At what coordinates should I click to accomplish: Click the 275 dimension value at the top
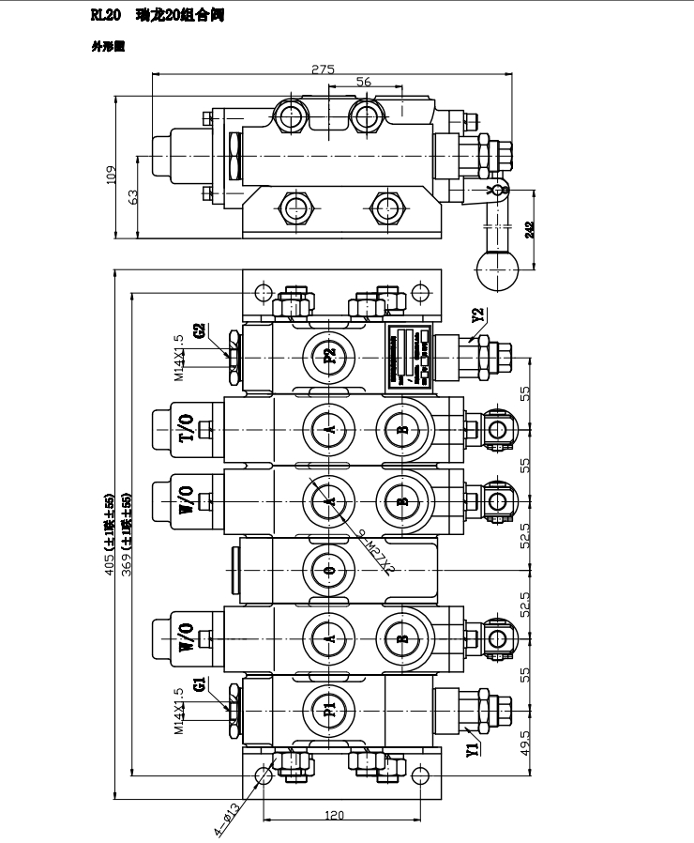pos(324,69)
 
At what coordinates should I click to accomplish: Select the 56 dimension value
pos(364,82)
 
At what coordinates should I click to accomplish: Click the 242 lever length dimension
pos(532,230)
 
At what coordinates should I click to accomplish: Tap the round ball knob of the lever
pos(496,271)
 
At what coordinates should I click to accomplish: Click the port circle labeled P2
pos(329,356)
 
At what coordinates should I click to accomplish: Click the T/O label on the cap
pos(186,427)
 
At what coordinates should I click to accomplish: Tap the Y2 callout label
pos(478,315)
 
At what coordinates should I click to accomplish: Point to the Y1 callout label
pos(474,748)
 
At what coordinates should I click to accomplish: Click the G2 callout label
pos(200,330)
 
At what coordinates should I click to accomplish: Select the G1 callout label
pos(200,683)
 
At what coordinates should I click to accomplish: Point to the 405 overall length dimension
pos(110,533)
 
